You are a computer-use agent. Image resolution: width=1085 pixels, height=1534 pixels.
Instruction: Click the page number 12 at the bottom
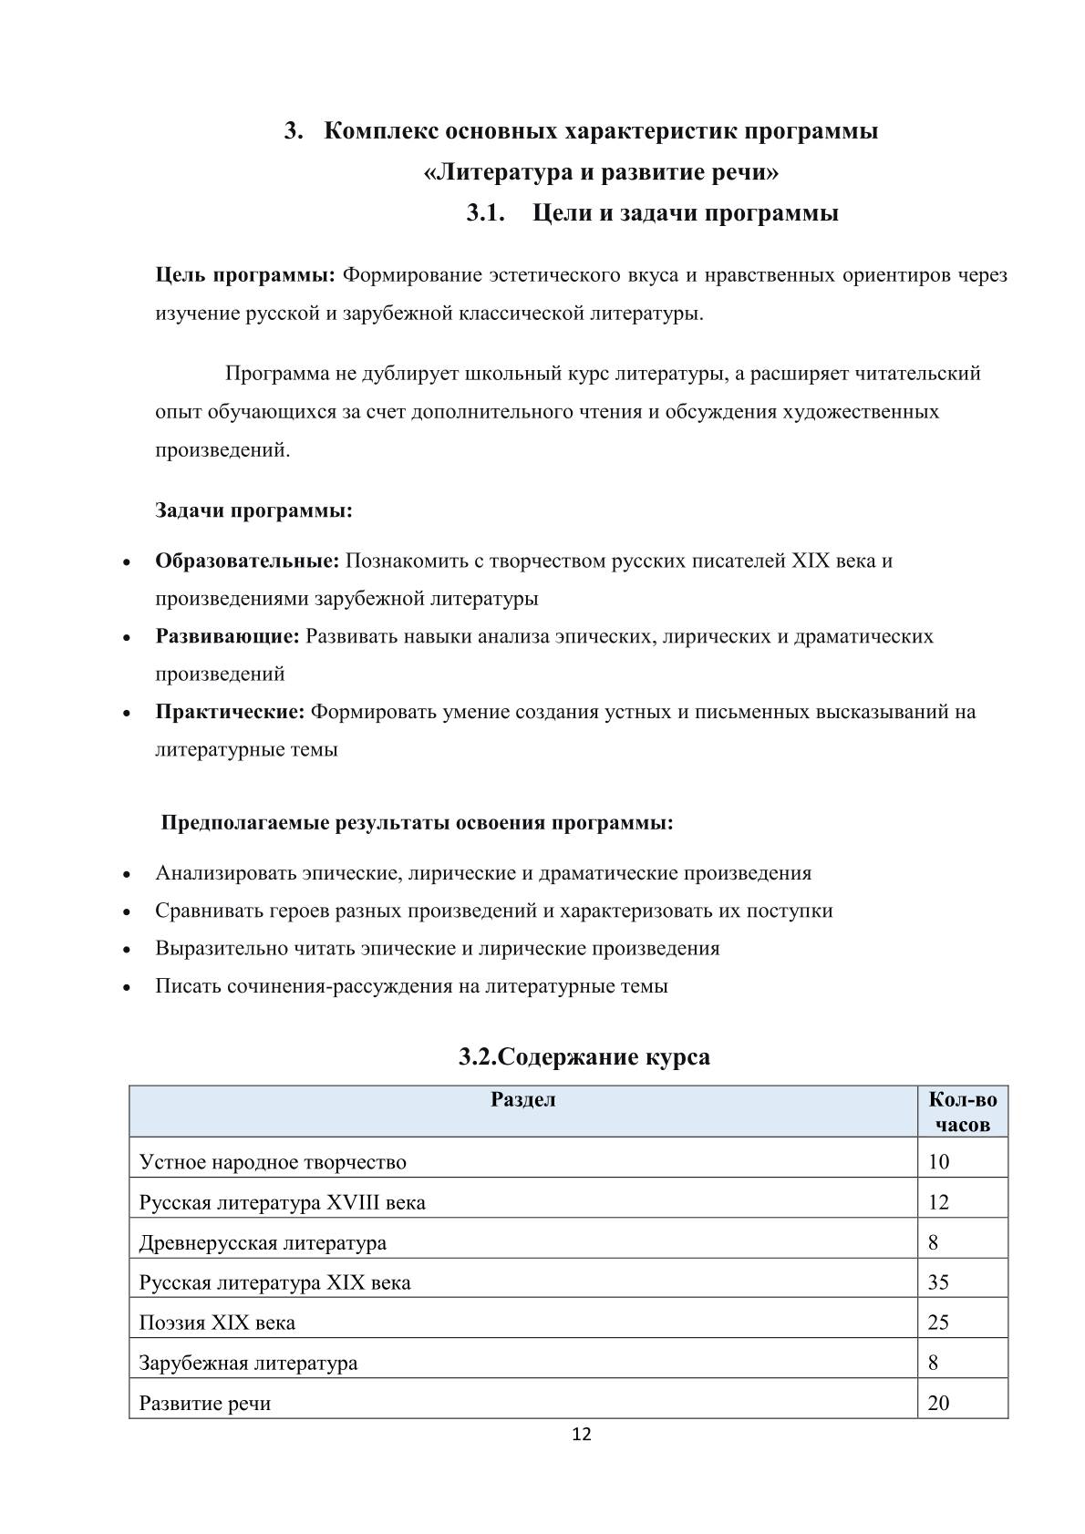[x=581, y=1435]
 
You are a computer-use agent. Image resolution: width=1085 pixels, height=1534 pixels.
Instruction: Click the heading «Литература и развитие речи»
[x=602, y=171]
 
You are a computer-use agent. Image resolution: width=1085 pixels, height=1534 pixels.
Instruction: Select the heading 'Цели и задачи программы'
[x=685, y=213]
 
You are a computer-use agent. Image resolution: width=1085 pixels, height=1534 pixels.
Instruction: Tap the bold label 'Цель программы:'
[x=245, y=274]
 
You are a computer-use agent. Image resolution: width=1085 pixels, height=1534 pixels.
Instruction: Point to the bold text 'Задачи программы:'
[x=253, y=510]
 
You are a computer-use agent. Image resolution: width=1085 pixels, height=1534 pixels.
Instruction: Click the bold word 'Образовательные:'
[x=247, y=561]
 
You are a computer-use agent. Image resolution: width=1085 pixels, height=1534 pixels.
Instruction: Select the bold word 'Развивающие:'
[x=227, y=636]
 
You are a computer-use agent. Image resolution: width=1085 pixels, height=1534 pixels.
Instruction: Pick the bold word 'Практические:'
[x=230, y=711]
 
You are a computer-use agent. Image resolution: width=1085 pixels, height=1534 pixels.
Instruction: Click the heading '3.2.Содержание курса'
[x=584, y=1056]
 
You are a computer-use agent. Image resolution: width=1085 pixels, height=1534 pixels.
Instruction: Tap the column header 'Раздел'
[x=523, y=1099]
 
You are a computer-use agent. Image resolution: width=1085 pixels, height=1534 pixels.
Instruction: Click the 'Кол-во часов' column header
[x=962, y=1112]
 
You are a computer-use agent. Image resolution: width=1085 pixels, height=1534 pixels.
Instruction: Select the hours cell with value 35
[x=938, y=1282]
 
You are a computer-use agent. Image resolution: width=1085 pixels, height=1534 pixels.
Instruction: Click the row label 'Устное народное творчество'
[x=273, y=1162]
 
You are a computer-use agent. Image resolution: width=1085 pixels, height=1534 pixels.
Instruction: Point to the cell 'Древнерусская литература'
[x=263, y=1242]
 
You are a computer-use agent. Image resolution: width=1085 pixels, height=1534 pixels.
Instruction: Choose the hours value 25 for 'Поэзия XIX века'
[x=938, y=1323]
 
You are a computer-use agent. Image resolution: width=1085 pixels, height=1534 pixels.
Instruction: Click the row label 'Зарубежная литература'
[x=248, y=1363]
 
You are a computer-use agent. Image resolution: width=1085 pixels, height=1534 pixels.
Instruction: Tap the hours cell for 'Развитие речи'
[x=938, y=1403]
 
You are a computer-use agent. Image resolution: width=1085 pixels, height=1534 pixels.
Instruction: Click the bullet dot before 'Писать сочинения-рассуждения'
[x=129, y=987]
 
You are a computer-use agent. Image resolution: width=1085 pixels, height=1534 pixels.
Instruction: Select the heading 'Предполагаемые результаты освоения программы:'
[x=418, y=823]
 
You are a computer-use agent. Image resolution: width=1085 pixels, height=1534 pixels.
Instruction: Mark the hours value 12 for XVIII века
[x=938, y=1202]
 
